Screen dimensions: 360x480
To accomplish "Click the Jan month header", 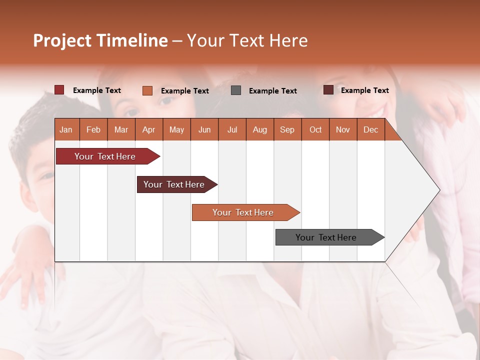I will click(x=66, y=129).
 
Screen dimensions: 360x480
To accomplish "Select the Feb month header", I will click(x=93, y=129).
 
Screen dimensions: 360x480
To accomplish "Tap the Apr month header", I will click(x=148, y=129).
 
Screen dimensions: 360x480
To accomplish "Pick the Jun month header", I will click(x=204, y=129).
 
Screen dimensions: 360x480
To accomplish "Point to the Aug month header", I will click(x=259, y=129).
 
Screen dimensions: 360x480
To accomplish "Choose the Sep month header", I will click(x=287, y=129).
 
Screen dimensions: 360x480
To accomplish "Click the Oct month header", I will click(x=315, y=129).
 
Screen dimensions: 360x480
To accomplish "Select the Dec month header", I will click(x=370, y=129).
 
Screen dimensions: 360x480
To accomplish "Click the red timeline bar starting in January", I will click(x=105, y=156).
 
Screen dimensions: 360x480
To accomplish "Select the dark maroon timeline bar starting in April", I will click(x=174, y=184).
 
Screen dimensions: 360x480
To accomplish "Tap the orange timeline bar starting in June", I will click(x=243, y=212).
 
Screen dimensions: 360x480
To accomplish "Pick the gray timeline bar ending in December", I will click(x=326, y=237).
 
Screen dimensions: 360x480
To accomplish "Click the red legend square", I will click(x=59, y=90).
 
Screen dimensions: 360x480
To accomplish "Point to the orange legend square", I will click(x=147, y=90).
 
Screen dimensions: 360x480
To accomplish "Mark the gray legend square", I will click(x=236, y=90).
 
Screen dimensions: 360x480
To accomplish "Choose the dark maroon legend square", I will click(x=328, y=90).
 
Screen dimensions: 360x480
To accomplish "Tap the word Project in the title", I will click(x=62, y=40).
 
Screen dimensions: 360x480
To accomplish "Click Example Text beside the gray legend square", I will click(x=273, y=91).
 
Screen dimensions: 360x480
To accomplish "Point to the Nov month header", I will click(x=343, y=129).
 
